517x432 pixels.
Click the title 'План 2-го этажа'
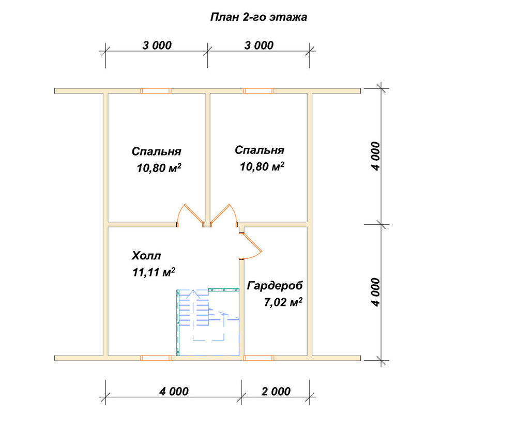point(258,17)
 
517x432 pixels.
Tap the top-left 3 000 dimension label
point(157,45)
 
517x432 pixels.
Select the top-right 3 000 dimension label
point(259,45)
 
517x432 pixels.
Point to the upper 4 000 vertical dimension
point(375,156)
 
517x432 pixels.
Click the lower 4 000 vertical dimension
point(375,292)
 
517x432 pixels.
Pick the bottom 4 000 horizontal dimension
point(174,392)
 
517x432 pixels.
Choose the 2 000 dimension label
point(276,392)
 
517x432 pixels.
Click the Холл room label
point(146,256)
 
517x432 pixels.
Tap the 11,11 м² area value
point(154,272)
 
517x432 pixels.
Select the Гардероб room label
point(275,286)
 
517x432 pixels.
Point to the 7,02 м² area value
point(283,302)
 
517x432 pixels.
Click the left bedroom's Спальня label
point(156,151)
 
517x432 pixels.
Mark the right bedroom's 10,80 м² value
point(262,166)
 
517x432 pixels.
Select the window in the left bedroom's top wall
point(156,91)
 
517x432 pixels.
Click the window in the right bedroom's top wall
point(258,91)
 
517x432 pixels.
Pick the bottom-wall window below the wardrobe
point(258,358)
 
